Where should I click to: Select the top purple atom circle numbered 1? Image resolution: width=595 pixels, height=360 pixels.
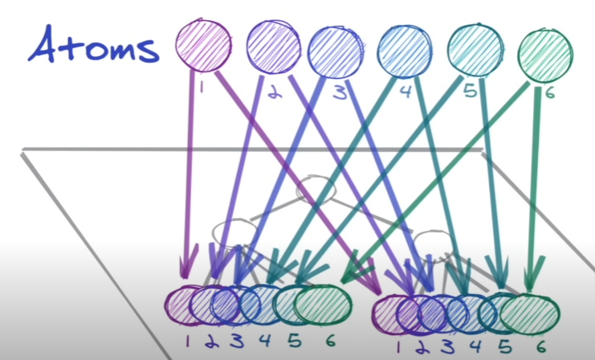point(205,43)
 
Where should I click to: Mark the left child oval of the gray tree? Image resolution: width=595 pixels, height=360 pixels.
point(234,232)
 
